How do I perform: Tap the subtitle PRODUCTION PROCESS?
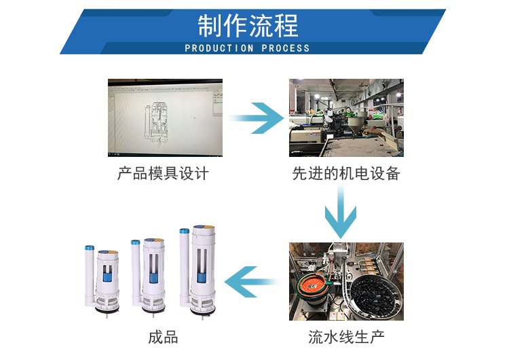point(247,48)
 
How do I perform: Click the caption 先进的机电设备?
point(346,173)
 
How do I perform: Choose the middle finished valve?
point(153,275)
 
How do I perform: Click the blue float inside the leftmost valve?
point(107,276)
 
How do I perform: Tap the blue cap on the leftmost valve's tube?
point(88,248)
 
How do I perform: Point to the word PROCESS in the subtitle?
point(285,48)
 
